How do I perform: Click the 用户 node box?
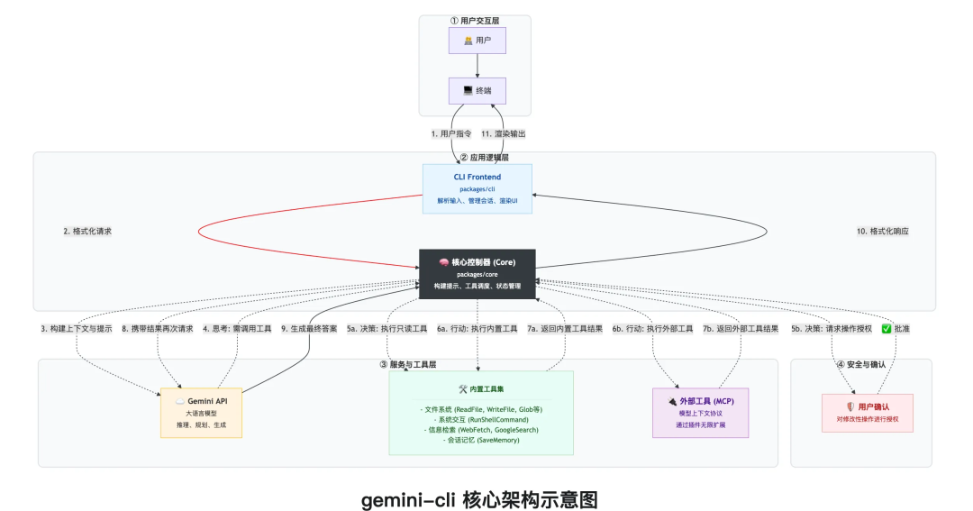[477, 41]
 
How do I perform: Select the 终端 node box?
[477, 91]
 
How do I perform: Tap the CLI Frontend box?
[477, 188]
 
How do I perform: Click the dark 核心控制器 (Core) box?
[477, 273]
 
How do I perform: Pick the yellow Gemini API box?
[200, 412]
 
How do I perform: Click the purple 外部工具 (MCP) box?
[700, 413]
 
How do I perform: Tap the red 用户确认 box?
[867, 412]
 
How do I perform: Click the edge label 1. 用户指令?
[451, 134]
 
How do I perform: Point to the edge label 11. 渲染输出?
[503, 134]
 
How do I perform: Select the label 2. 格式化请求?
[87, 232]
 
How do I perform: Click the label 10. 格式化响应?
[882, 232]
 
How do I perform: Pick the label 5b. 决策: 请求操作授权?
[831, 329]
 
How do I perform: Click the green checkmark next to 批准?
[887, 329]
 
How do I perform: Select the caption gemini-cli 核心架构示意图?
[479, 498]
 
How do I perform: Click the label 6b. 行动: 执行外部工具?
[652, 329]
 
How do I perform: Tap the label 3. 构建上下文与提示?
[76, 329]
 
